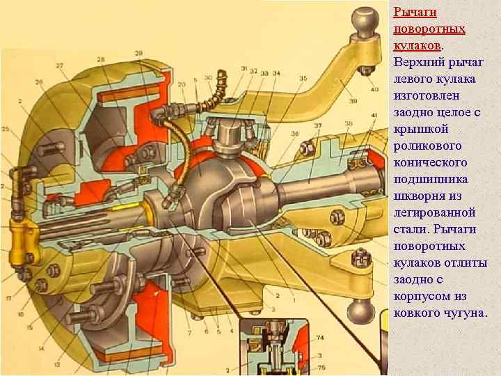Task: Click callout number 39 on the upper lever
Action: click(x=374, y=101)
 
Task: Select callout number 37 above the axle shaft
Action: click(x=318, y=125)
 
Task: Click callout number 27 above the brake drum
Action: click(x=60, y=65)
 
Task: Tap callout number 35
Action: click(x=303, y=79)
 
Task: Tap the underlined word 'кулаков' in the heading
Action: click(x=416, y=44)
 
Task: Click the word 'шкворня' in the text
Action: click(x=420, y=196)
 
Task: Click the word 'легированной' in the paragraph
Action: click(x=434, y=212)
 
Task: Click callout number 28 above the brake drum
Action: click(x=102, y=61)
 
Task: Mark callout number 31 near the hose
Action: click(x=244, y=68)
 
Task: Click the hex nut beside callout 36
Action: click(x=306, y=147)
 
